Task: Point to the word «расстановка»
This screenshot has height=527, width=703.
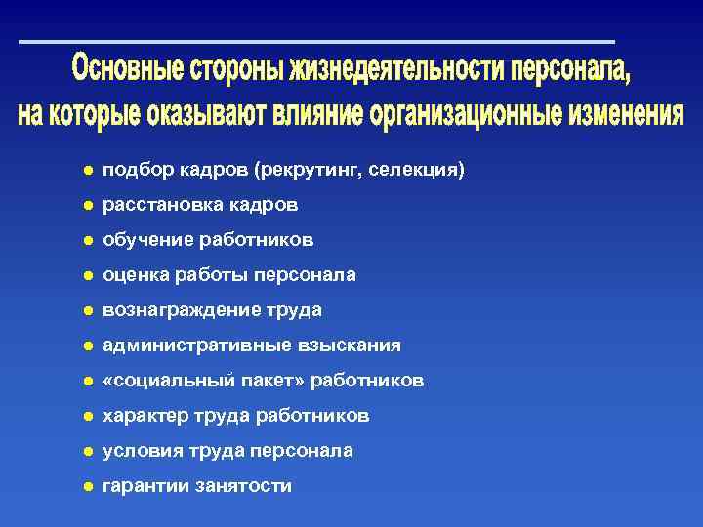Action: [x=161, y=205]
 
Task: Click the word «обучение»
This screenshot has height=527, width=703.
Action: [x=145, y=240]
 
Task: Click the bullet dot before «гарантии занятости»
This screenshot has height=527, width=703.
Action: [x=87, y=486]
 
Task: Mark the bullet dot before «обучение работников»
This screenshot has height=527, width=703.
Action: [x=87, y=240]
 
